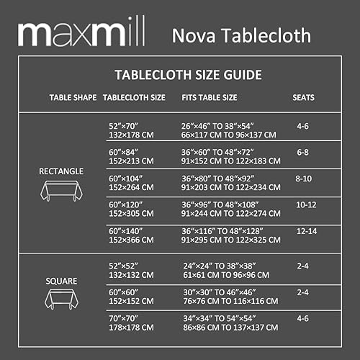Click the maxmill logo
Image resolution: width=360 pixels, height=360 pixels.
pyautogui.click(x=80, y=32)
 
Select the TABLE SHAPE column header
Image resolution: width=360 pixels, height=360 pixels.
pyautogui.click(x=72, y=96)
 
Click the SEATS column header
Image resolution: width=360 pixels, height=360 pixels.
pyautogui.click(x=303, y=96)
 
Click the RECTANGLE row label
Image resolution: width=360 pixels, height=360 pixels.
pyautogui.click(x=61, y=171)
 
